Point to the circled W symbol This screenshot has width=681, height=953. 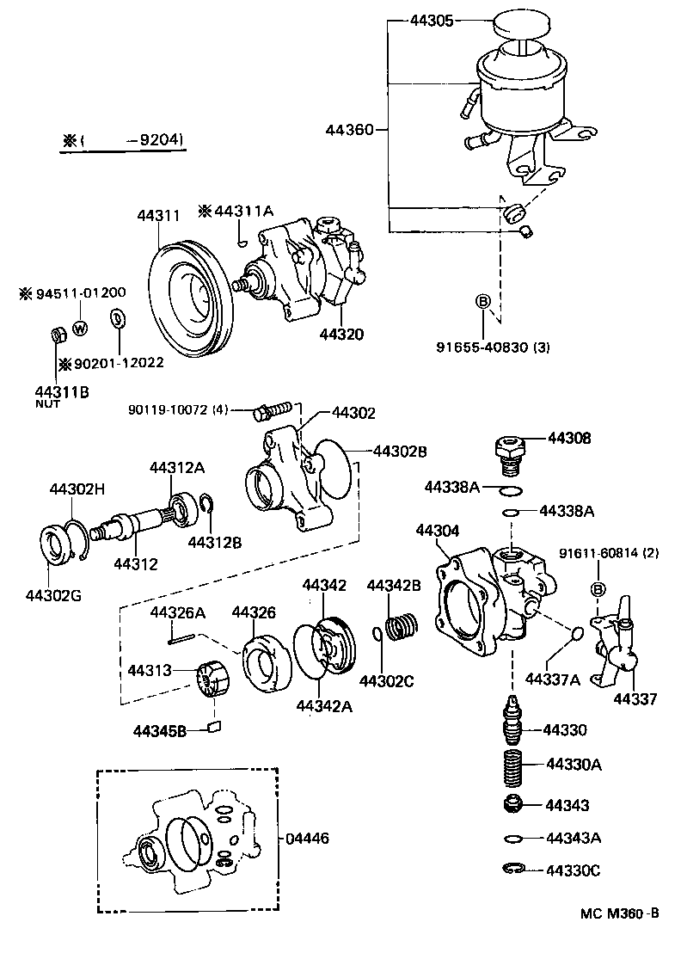tap(80, 327)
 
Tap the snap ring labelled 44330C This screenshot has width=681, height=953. tap(512, 870)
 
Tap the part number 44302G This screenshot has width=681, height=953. tap(53, 595)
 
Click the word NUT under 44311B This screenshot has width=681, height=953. tap(47, 403)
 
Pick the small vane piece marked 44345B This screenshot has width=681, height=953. tap(215, 728)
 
